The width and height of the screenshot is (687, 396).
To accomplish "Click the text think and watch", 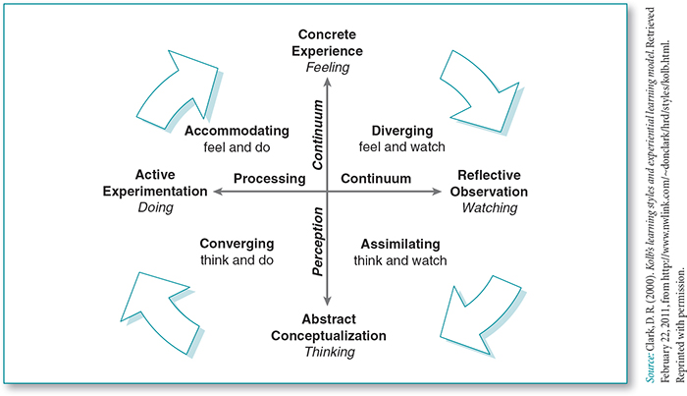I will tap(400, 260).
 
